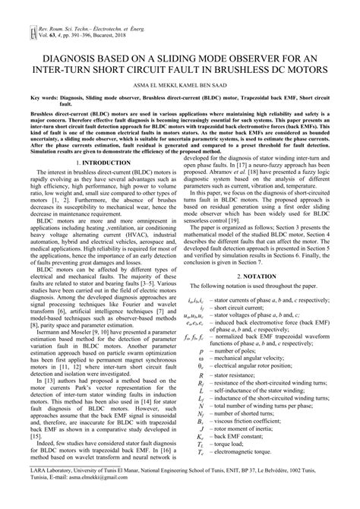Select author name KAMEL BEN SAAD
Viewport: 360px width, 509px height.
205,87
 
